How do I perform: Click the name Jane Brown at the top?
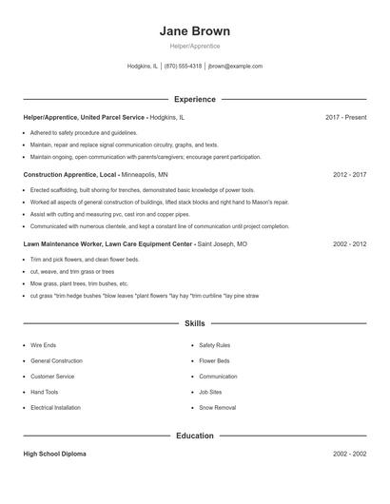(194, 30)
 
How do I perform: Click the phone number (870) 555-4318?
(183, 67)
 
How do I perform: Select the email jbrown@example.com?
(235, 67)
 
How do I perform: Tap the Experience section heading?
(194, 99)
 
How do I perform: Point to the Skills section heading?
(194, 324)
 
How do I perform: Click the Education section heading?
(194, 436)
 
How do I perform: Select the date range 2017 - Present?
(345, 117)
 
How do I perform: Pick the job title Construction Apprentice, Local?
(68, 175)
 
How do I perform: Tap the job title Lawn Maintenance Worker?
(59, 243)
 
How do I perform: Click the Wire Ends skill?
(44, 345)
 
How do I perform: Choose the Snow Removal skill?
(217, 407)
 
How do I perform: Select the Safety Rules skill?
(214, 345)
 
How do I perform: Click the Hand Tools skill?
(45, 392)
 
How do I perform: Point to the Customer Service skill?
(52, 377)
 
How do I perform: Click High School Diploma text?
(56, 454)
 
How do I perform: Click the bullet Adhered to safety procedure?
(84, 133)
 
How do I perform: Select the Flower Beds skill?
(214, 361)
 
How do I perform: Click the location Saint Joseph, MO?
(222, 243)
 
